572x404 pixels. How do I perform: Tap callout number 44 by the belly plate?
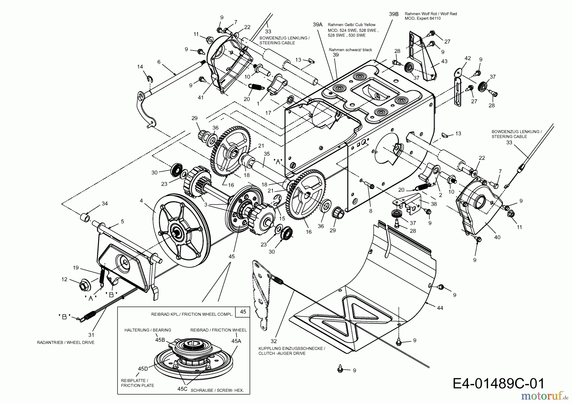[x=440, y=308]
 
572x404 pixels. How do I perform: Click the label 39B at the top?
[x=393, y=14]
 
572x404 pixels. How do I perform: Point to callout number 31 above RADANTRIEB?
[x=91, y=335]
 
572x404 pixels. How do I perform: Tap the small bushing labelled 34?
[x=85, y=218]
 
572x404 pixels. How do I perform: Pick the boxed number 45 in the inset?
[x=243, y=312]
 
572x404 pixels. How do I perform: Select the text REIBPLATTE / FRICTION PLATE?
[x=137, y=383]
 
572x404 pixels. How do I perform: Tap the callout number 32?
[x=274, y=342]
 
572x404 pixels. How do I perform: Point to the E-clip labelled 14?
[x=150, y=78]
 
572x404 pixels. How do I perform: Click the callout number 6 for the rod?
[x=159, y=62]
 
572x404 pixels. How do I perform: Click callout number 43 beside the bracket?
[x=444, y=61]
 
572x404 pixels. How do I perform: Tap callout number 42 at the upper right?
[x=467, y=58]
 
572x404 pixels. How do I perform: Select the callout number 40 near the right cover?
[x=497, y=237]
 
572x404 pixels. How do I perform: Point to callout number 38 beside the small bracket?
[x=433, y=204]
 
